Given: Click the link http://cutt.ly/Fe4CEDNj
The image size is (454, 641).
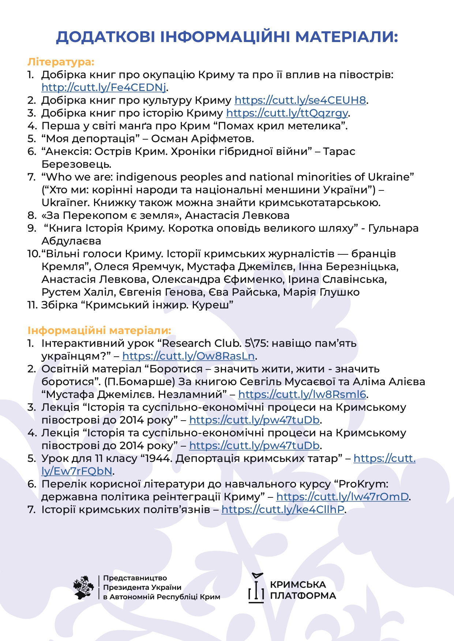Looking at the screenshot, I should point(104,88).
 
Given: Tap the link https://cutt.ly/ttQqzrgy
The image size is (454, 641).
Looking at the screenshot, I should point(287,113).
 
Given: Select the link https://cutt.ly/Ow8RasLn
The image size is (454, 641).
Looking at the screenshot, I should point(188,356).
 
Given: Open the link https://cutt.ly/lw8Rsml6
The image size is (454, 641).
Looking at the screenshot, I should point(302,395).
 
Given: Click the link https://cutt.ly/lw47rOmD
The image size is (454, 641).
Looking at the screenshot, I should point(342,497).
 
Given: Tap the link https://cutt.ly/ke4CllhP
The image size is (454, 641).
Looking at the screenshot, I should point(283,510).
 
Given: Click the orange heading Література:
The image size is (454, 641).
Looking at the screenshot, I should point(61,62).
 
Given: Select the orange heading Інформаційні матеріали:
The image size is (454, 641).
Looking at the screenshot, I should point(99,331).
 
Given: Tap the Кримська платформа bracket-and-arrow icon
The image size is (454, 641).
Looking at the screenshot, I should point(256,588).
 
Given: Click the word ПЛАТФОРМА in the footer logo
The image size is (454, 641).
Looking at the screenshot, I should point(303,596).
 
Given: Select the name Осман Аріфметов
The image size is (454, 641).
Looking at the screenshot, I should point(202,139).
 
